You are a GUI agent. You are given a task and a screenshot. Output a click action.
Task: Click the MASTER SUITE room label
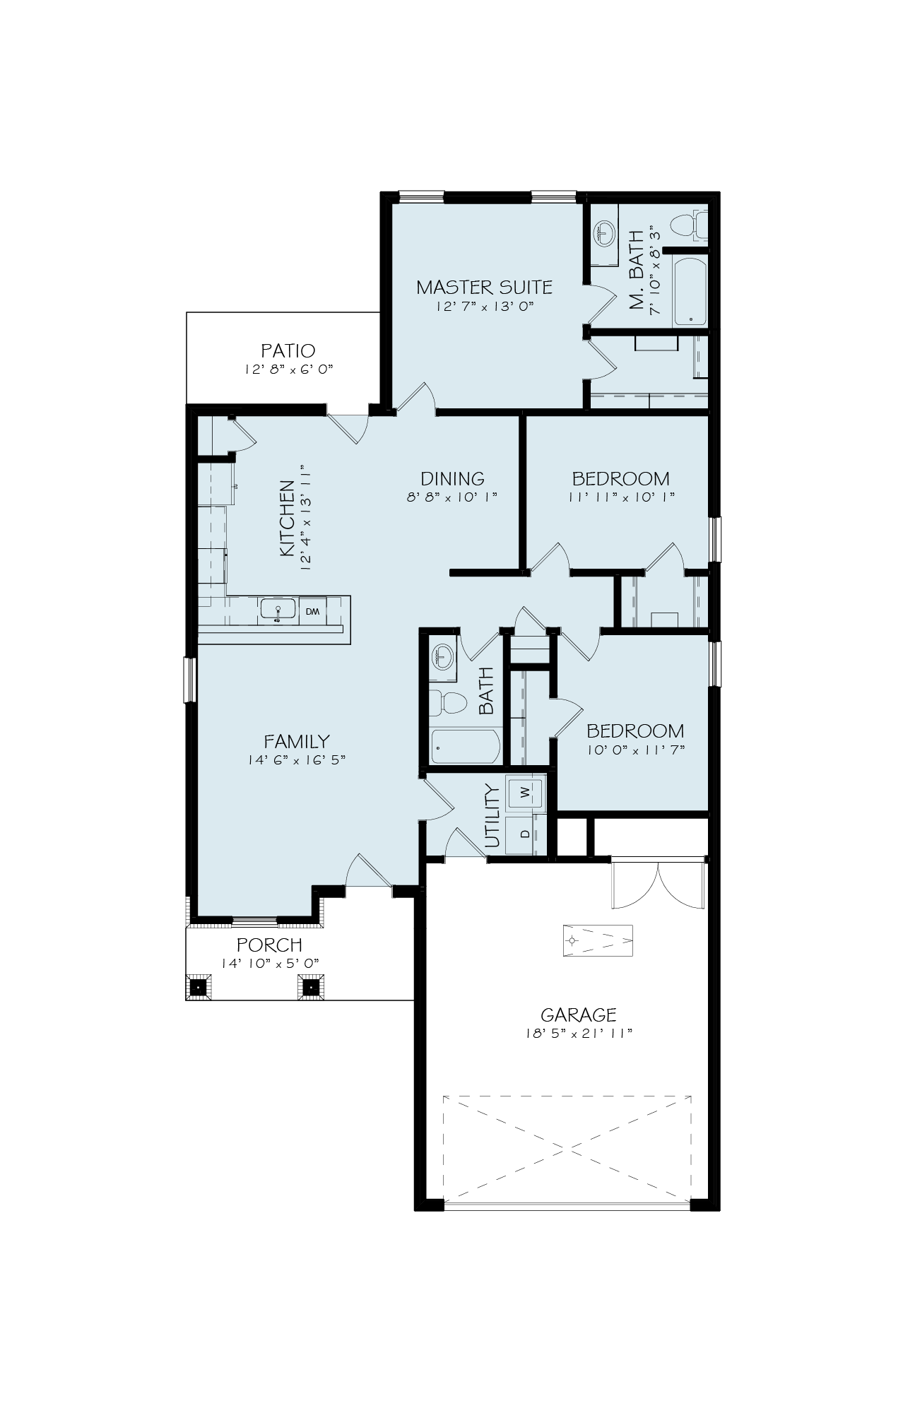coord(484,287)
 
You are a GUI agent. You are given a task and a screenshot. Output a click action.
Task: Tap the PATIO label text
coord(288,350)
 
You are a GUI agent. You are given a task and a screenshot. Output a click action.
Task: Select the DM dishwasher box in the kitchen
coord(313,611)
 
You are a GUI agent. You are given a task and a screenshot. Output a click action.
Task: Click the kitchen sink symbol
coord(277,609)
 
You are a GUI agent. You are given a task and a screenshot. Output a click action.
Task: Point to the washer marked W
coord(525,792)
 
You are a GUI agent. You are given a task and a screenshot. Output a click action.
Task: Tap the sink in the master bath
coord(603,231)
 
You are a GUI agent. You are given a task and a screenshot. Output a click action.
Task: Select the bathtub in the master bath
coord(690,291)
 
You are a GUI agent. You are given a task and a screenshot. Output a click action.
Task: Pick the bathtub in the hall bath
coord(466,746)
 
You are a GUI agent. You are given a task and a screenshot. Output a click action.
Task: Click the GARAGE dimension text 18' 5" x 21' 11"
coord(578,1034)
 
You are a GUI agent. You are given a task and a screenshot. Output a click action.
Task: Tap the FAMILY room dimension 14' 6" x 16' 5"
coord(296,760)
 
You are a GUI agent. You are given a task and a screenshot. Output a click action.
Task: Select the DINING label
coord(452,478)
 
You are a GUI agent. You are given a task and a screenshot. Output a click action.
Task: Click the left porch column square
coord(199,986)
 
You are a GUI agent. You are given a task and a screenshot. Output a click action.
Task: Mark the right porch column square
coord(311,986)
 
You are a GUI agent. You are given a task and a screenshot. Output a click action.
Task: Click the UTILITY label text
coord(492,816)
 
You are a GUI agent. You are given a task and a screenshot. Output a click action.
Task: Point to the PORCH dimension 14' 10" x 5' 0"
coord(271,963)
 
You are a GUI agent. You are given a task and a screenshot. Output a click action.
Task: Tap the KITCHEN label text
coord(287,518)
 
